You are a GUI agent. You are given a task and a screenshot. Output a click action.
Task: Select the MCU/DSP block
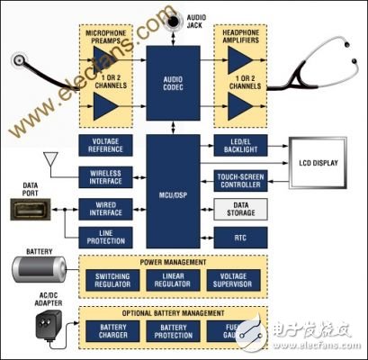[x=171, y=193]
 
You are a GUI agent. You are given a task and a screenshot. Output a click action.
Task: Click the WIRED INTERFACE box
[x=107, y=209]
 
